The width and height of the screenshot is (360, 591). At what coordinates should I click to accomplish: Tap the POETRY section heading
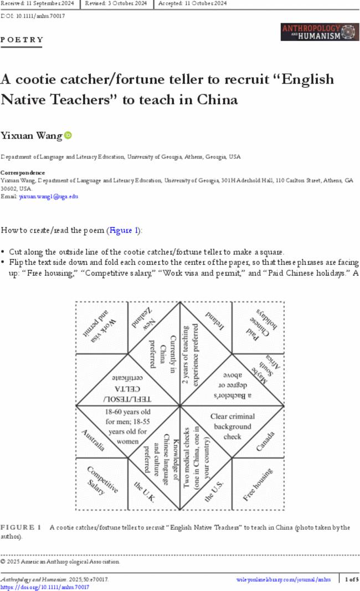(22, 40)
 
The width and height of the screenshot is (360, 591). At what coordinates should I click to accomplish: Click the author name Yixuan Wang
(31, 135)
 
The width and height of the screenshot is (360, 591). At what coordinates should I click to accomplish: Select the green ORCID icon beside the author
(68, 135)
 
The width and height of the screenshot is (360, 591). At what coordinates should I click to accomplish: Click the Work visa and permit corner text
(101, 327)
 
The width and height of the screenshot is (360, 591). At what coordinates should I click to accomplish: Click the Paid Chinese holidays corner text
(259, 327)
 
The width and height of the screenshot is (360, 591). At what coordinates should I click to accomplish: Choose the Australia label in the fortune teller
(93, 440)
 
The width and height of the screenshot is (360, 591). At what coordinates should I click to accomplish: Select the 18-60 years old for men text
(128, 426)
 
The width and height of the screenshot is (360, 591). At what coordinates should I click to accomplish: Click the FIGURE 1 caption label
(21, 527)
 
